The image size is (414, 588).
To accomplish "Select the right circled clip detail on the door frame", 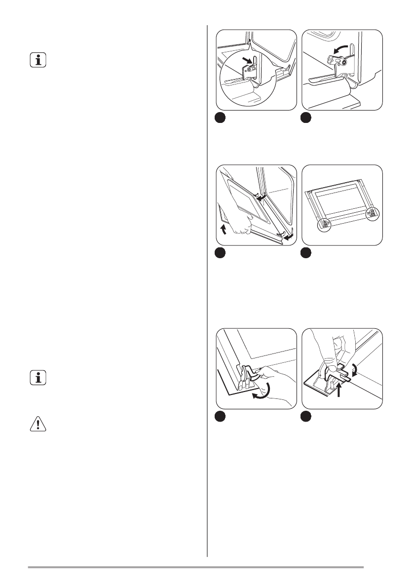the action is point(373,213).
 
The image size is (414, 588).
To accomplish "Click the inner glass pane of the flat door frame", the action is point(341,199).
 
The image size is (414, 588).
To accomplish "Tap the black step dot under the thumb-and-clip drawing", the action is point(306,416).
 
